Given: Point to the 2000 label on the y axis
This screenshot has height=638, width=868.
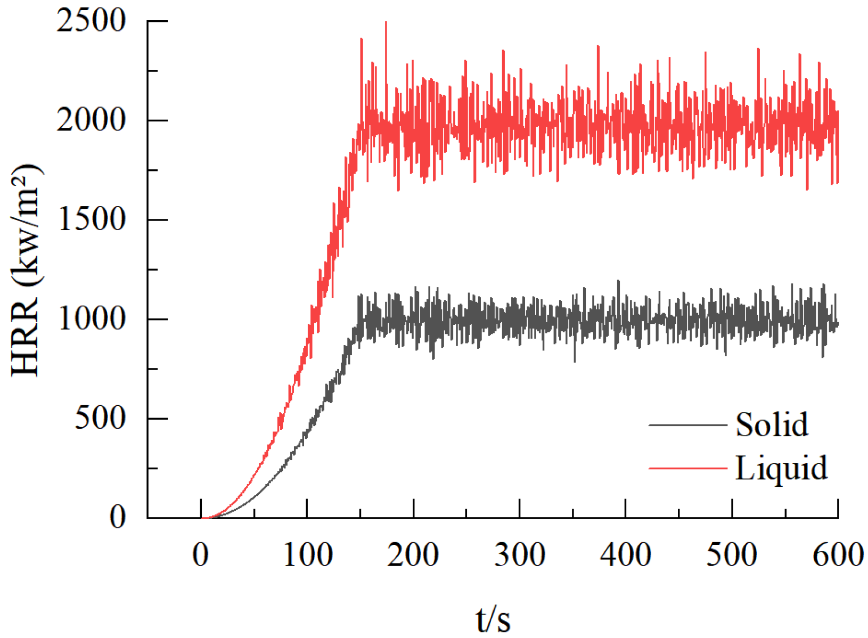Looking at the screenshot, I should click(x=91, y=120).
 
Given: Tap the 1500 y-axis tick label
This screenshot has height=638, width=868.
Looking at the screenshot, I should click(x=91, y=219).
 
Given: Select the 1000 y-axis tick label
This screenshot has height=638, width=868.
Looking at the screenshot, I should click(x=91, y=319).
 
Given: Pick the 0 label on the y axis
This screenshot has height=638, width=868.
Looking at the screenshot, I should click(x=117, y=517).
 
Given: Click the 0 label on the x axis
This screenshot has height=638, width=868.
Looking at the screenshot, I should click(x=201, y=555).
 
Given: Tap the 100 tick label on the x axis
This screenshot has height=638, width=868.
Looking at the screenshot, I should click(x=307, y=555).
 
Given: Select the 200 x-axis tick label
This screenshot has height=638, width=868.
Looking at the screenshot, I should click(x=413, y=555).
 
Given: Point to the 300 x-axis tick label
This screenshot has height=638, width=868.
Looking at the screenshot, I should click(x=520, y=555).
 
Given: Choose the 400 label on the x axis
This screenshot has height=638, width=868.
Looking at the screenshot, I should click(x=626, y=555).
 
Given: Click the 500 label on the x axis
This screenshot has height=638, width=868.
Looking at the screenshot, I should click(x=732, y=555).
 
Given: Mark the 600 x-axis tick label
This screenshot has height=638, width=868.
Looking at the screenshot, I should click(x=838, y=555).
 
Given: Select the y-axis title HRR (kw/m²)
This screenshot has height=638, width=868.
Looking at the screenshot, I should click(x=26, y=269).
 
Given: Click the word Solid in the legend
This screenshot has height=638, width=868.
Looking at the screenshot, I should click(x=772, y=425).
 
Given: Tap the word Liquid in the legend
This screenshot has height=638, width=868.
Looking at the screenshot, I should click(x=781, y=468).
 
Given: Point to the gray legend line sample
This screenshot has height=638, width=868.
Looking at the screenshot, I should click(x=687, y=425).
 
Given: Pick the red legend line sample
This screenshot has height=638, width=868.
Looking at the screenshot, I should click(x=687, y=468).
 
